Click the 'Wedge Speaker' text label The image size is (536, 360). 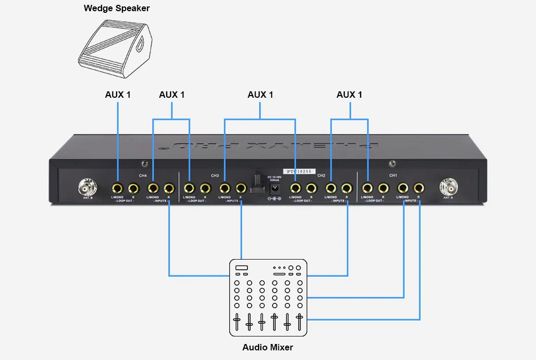pyautogui.click(x=117, y=9)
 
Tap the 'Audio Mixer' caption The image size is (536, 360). pyautogui.click(x=268, y=347)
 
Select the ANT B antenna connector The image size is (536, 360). pyautogui.click(x=88, y=188)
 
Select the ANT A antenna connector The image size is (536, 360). pyautogui.click(x=448, y=188)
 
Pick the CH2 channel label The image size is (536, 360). pyautogui.click(x=321, y=175)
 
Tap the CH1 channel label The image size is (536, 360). pyautogui.click(x=393, y=175)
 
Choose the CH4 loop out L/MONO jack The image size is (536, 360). pyautogui.click(x=118, y=188)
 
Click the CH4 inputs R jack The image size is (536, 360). pyautogui.click(x=169, y=188)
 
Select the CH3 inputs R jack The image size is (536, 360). pyautogui.click(x=241, y=188)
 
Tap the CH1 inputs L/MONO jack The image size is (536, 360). pyautogui.click(x=403, y=188)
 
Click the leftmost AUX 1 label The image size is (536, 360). pyautogui.click(x=118, y=95)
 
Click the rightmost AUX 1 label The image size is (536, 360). pyautogui.click(x=349, y=95)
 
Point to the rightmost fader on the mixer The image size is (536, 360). pyautogui.click(x=299, y=322)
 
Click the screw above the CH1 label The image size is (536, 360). pyautogui.click(x=392, y=163)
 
